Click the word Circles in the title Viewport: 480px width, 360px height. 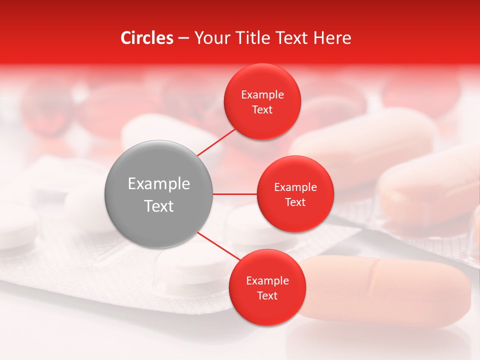[x=146, y=38]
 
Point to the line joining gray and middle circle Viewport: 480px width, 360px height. [x=235, y=194]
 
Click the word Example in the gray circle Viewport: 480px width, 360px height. [x=159, y=184]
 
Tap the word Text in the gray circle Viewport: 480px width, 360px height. [x=159, y=206]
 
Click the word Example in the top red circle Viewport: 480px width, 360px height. [x=262, y=95]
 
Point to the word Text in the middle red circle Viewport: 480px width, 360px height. [x=295, y=202]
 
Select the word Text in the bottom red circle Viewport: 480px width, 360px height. [x=267, y=296]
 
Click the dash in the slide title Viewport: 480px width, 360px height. [x=183, y=38]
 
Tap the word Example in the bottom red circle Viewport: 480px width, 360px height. [x=267, y=281]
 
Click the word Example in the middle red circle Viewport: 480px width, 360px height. [x=295, y=187]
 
